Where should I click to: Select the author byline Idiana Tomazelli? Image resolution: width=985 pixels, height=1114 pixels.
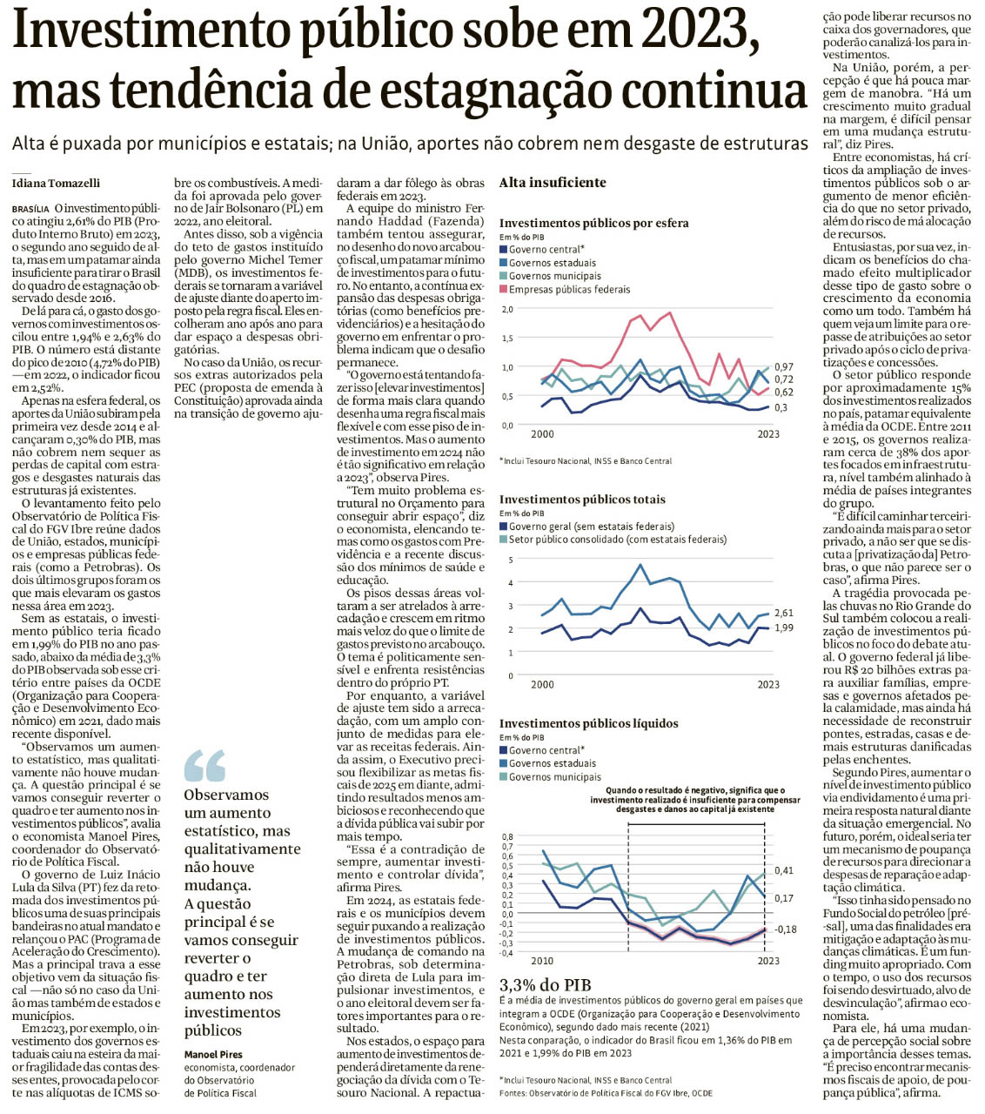tap(56, 183)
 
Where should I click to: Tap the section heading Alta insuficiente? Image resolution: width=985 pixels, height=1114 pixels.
tap(553, 182)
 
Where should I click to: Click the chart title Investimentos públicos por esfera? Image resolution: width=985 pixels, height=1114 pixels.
tap(593, 223)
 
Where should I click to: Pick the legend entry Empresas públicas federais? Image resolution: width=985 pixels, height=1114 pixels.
tap(569, 289)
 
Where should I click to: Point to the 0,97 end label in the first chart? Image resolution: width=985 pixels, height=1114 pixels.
tap(783, 367)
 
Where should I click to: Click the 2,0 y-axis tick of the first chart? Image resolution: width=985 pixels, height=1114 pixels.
tap(507, 309)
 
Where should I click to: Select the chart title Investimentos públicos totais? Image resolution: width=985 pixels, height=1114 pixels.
tap(582, 500)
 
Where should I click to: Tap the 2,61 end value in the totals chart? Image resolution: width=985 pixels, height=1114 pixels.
tap(783, 614)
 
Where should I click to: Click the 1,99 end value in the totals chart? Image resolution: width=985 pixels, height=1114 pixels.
tap(783, 627)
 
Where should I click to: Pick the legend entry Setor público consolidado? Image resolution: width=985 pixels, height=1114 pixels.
tap(617, 539)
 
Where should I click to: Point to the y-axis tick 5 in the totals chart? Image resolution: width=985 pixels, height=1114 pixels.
tap(511, 560)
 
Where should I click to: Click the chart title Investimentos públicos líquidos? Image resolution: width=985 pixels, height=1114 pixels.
tap(588, 723)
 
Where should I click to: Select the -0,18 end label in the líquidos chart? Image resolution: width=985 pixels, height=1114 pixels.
tap(785, 929)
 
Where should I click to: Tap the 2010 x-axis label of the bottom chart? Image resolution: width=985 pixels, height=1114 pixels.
tap(541, 961)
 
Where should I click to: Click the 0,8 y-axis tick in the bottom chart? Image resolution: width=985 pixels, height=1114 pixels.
tap(507, 836)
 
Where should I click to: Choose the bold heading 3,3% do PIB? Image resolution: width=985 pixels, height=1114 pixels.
tap(545, 985)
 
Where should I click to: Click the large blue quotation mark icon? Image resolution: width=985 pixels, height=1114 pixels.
tap(204, 766)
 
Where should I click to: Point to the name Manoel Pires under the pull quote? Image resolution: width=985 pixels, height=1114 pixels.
tap(212, 1055)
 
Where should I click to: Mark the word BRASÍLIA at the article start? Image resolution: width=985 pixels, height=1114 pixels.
tap(30, 210)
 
